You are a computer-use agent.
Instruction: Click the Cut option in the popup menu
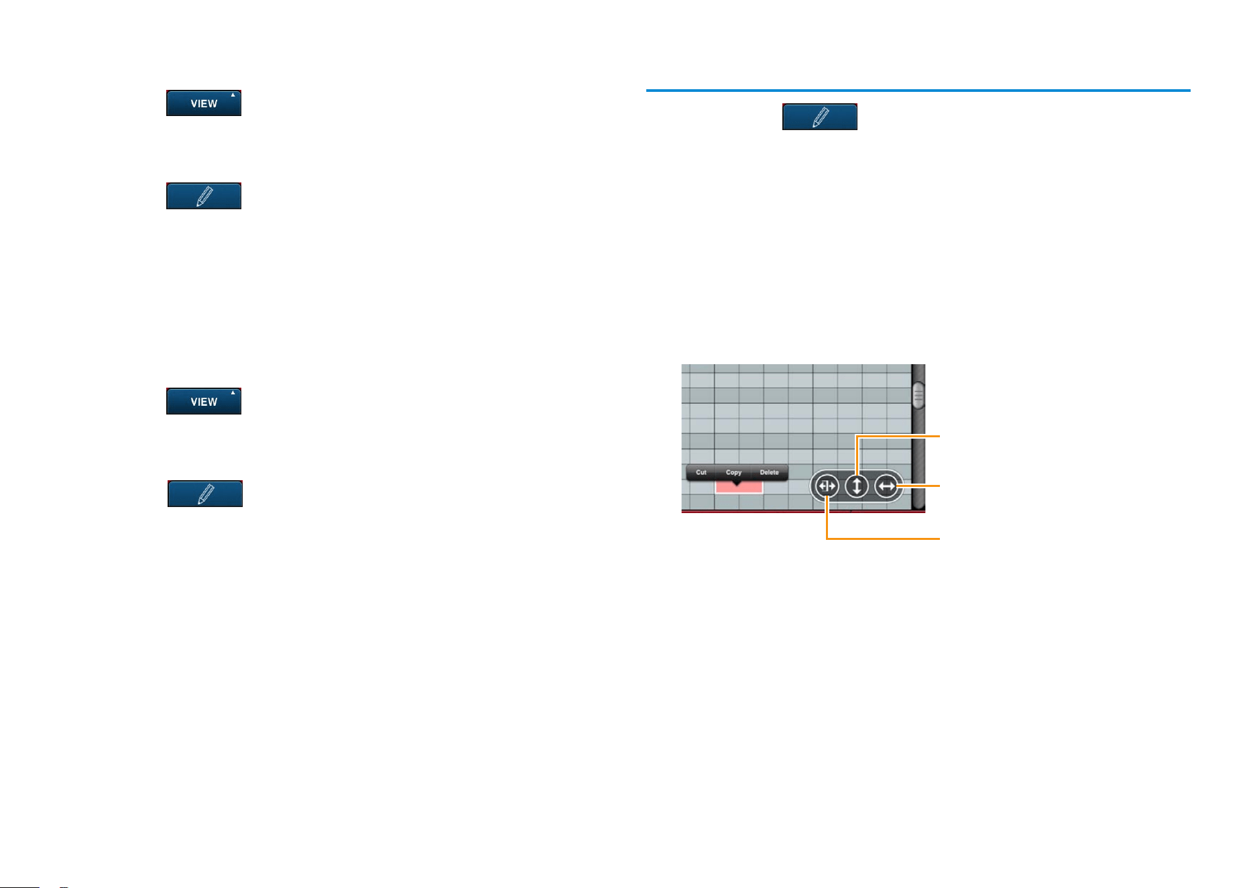(x=701, y=473)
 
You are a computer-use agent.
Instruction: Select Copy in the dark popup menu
(x=733, y=473)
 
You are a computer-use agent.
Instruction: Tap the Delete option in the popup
(x=770, y=473)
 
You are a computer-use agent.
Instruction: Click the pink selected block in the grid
(x=739, y=488)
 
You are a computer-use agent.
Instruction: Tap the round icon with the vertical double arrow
(x=857, y=486)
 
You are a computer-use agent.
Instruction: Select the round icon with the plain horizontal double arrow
(x=886, y=486)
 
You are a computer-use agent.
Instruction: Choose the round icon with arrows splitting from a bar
(x=827, y=486)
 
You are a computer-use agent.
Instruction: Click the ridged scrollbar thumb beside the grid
(x=918, y=396)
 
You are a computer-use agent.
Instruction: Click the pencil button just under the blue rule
(x=820, y=117)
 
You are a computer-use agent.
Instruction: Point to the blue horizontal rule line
(x=918, y=90)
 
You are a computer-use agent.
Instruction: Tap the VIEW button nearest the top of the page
(x=204, y=103)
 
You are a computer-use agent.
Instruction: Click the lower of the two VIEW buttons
(x=204, y=401)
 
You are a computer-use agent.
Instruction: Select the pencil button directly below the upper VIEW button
(x=204, y=196)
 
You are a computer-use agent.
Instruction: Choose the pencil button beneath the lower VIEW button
(x=205, y=494)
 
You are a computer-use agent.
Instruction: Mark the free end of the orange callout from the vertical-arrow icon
(x=940, y=436)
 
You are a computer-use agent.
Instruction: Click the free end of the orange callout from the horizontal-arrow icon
(x=940, y=486)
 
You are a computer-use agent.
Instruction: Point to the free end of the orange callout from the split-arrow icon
(x=940, y=539)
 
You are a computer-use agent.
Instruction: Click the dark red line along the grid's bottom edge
(x=803, y=512)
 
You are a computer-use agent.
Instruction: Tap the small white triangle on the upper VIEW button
(x=233, y=95)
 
